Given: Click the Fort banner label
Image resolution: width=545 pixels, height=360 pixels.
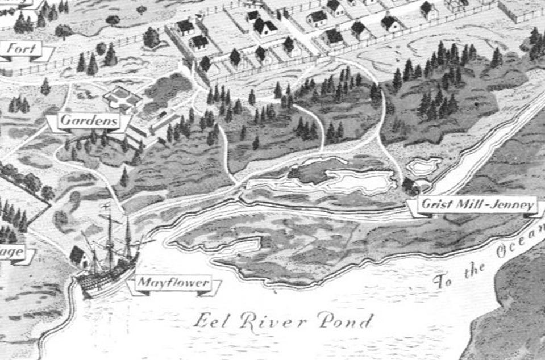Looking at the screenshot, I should point(24,49).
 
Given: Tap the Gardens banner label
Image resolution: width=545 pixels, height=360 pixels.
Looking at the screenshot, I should point(89,121).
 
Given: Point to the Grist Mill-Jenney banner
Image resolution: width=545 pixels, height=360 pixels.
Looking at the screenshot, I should point(477,205).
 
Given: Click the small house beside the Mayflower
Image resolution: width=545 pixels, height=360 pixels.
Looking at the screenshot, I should point(78,257).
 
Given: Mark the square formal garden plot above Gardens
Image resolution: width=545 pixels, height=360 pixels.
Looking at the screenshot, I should point(121,98).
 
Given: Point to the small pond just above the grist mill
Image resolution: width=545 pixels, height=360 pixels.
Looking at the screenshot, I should point(424,166).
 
